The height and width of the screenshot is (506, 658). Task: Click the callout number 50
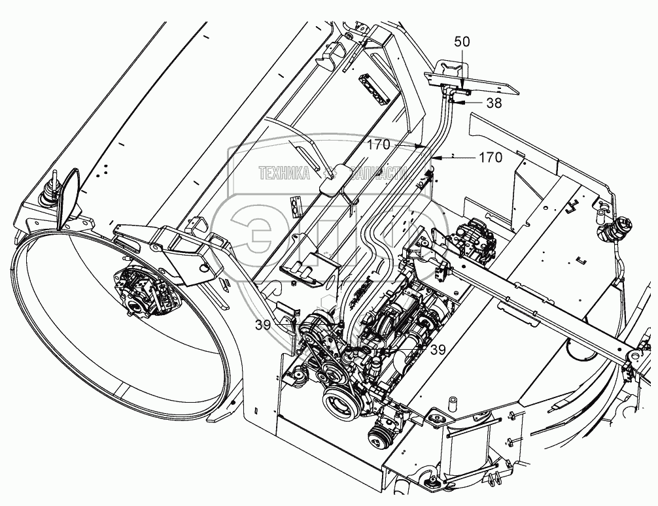click(462, 41)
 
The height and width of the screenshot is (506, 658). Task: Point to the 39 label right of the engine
click(438, 350)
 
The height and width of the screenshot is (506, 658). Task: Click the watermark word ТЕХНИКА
click(284, 174)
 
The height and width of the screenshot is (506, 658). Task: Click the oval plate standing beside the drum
click(67, 195)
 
